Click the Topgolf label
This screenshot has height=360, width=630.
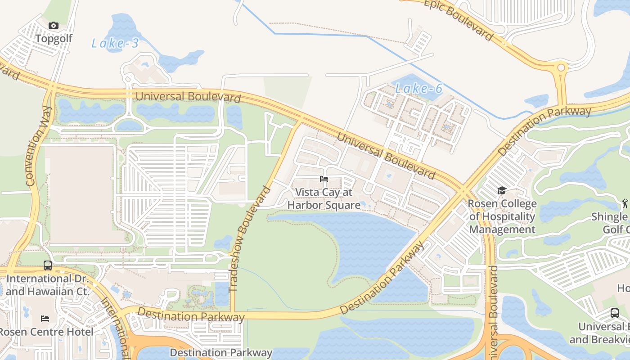(x=54, y=38)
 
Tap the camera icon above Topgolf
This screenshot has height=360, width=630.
(x=54, y=26)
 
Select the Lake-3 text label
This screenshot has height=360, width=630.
(x=115, y=43)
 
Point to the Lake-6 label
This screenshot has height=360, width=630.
(x=418, y=89)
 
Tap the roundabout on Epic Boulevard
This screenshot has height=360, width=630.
(x=561, y=68)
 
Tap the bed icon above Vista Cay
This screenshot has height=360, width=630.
(x=324, y=179)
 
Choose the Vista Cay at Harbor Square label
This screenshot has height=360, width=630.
(x=324, y=198)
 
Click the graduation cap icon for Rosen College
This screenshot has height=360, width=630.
(x=502, y=191)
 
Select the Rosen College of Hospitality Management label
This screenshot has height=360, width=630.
(x=502, y=216)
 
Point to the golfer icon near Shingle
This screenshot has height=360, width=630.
(x=625, y=203)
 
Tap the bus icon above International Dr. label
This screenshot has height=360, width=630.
(x=48, y=265)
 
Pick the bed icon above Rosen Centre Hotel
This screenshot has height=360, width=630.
(x=45, y=319)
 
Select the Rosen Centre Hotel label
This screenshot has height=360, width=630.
(x=46, y=332)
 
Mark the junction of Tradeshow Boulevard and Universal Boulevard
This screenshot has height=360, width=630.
(x=301, y=120)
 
